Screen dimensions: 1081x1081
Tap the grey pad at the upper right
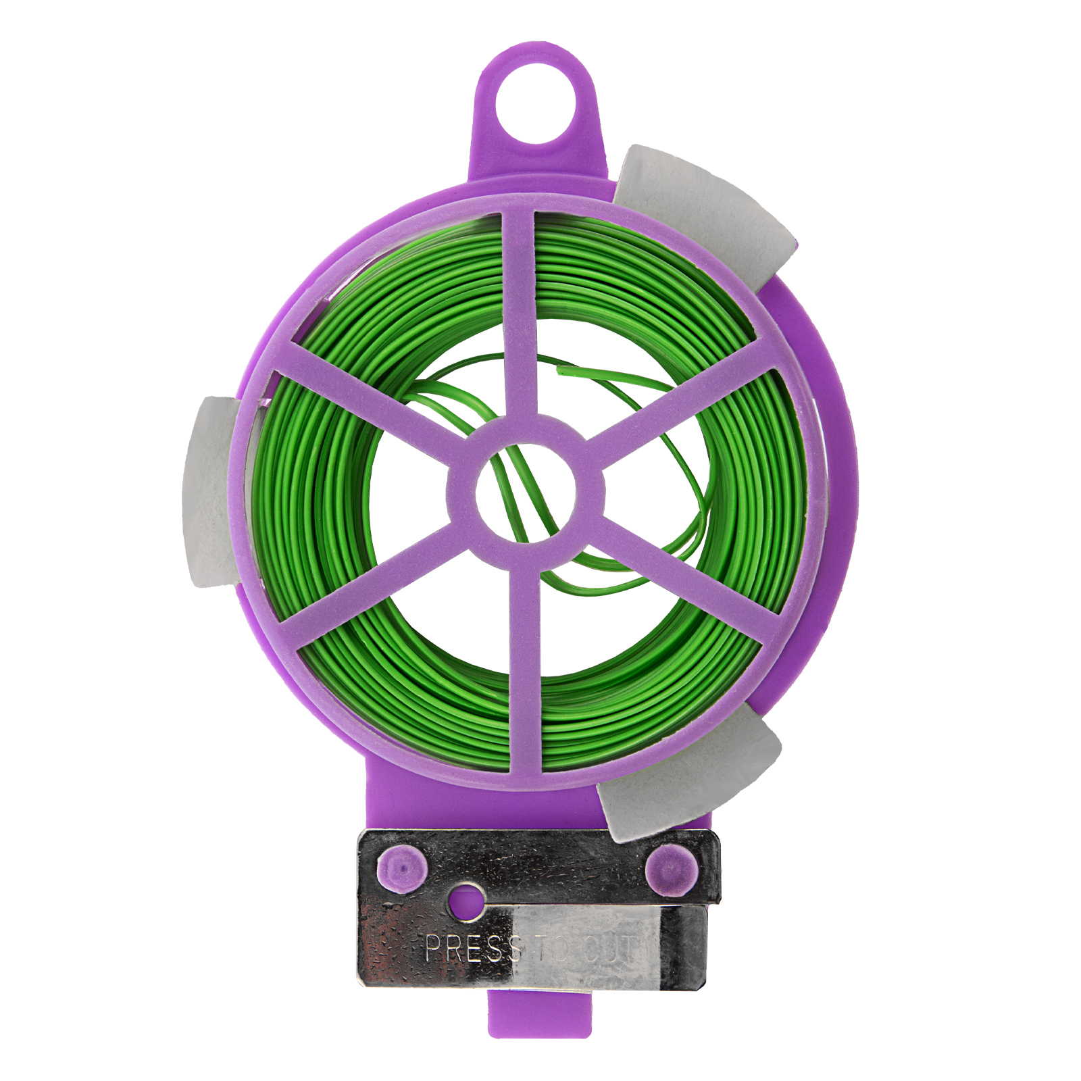click(706, 216)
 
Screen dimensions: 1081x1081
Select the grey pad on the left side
click(211, 492)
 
